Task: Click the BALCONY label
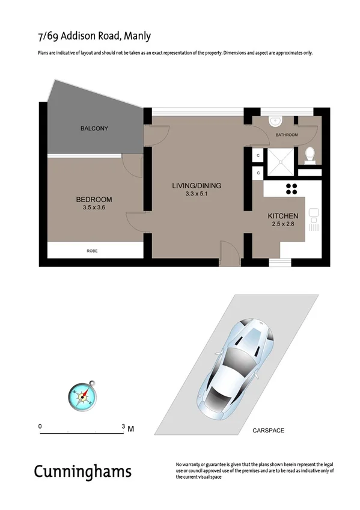94,129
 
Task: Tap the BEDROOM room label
94,200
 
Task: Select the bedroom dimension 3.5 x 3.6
94,208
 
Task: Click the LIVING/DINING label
197,186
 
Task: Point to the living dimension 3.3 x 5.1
197,194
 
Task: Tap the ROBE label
92,250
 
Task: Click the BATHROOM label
287,135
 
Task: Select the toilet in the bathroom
310,155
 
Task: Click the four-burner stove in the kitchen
292,189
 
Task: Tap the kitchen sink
313,220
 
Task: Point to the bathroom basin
275,120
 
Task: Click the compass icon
82,395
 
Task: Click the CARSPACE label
268,431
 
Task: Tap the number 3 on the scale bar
123,426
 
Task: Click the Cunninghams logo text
82,471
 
